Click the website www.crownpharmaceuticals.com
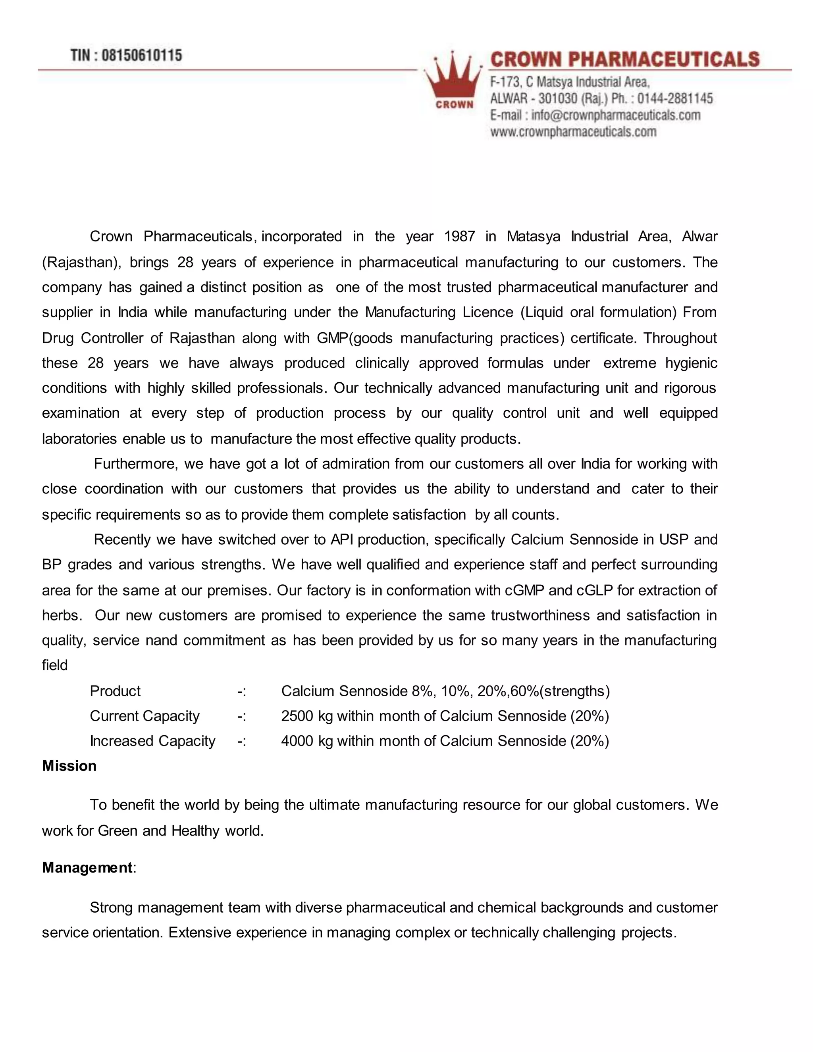point(573,132)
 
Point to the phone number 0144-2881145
point(675,99)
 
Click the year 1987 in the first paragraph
point(459,237)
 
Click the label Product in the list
point(115,691)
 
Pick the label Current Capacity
point(144,716)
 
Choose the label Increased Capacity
point(152,741)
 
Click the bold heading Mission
point(69,766)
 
